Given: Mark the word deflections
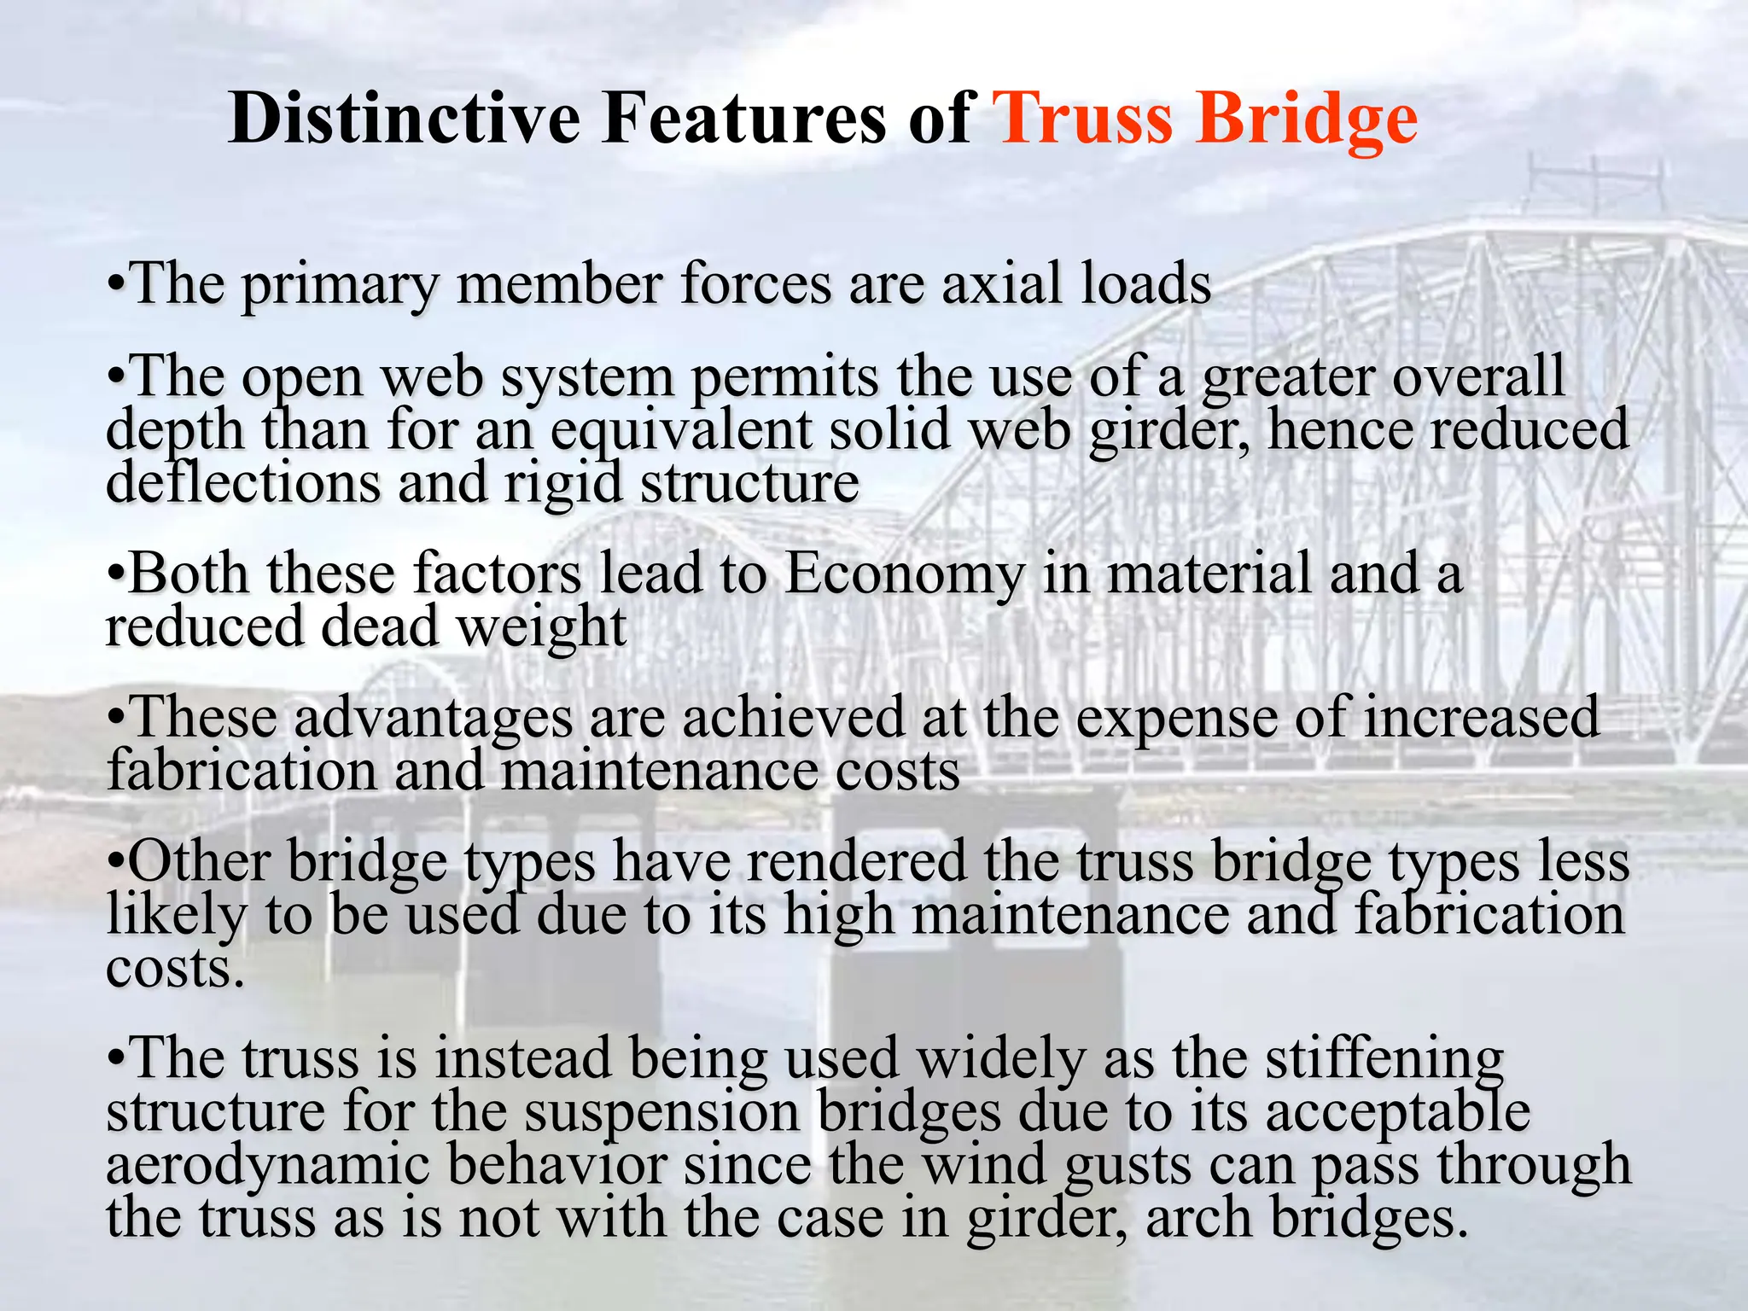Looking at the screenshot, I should coord(242,483).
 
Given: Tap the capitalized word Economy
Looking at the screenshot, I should coord(905,574).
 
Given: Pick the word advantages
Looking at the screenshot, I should coord(434,718).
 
